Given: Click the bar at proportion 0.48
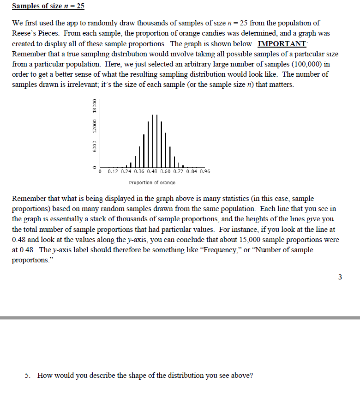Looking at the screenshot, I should tap(152, 143).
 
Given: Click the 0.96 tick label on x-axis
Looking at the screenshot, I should tap(204, 171).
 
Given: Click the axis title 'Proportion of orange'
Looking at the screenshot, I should tap(152, 182).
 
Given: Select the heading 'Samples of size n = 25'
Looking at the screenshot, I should tap(48, 6).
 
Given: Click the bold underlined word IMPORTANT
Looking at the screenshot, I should tap(282, 44).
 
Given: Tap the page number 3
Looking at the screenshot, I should tap(340, 277).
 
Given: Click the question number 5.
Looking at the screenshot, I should tap(27, 375).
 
